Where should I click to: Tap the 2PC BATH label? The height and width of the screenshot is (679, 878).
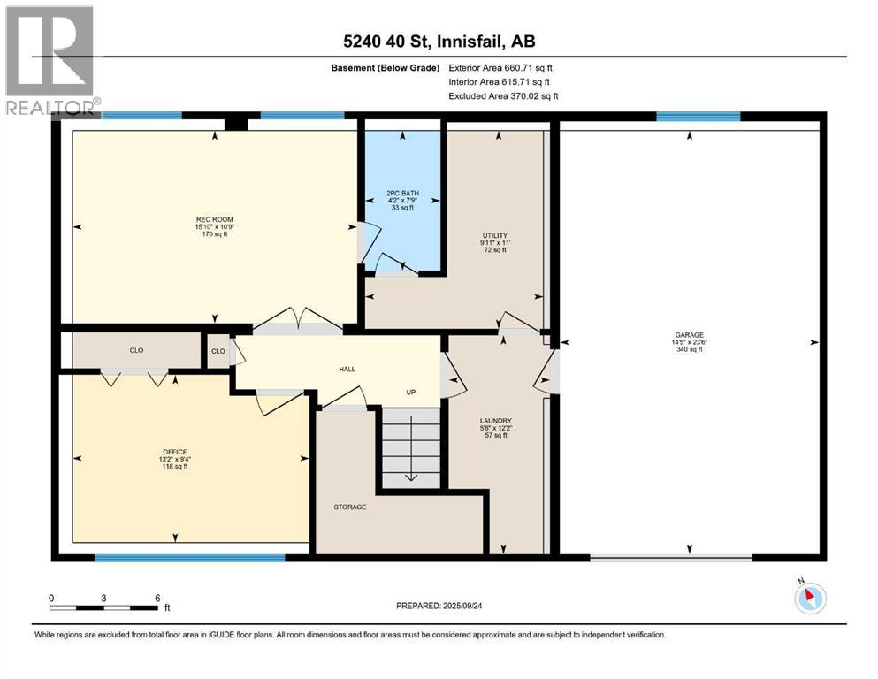[x=402, y=193]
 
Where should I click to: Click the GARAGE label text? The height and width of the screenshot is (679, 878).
[x=688, y=335]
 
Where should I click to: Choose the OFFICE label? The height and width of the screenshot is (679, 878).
[x=174, y=452]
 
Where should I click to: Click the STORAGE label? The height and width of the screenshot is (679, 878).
[x=350, y=507]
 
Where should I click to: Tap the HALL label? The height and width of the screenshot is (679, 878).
[x=347, y=369]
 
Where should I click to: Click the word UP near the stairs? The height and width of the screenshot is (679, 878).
[x=410, y=393]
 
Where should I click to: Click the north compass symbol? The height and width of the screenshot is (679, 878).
[x=809, y=599]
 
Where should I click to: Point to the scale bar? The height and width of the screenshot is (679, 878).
[x=104, y=607]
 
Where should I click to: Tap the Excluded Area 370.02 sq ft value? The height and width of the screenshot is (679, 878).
[x=503, y=95]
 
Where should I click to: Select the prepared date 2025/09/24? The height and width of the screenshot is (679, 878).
[x=439, y=606]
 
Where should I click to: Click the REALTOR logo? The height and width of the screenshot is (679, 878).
[x=50, y=58]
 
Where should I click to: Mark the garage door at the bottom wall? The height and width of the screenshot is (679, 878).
[x=671, y=558]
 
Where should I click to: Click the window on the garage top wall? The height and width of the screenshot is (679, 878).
[x=698, y=116]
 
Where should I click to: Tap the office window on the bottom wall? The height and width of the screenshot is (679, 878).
[x=190, y=558]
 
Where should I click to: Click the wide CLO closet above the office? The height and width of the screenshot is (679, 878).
[x=136, y=351]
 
